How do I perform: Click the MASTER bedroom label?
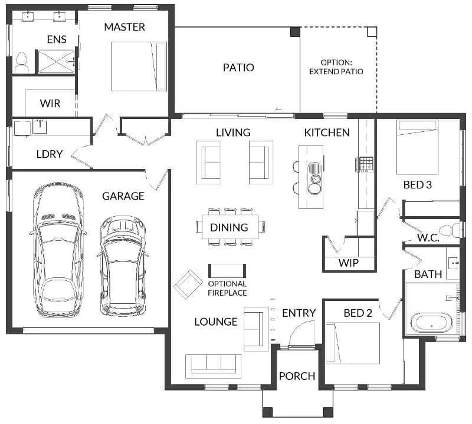coord(124,27)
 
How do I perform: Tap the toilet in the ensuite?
coord(21,62)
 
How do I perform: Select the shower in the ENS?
coord(56,62)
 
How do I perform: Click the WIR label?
coord(50,104)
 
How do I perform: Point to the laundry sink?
coord(40,127)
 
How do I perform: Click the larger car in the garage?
coord(57,251)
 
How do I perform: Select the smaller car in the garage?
coord(123,266)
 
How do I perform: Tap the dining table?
coord(230,227)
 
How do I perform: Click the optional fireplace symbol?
coord(227,270)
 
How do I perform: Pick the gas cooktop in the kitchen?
coord(366,164)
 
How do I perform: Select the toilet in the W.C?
coord(450,231)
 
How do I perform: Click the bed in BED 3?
coord(417,147)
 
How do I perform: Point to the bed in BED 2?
coord(352,343)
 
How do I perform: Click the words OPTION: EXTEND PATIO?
coord(336,67)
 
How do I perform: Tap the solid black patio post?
coord(295,32)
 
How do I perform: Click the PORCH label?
coord(297,376)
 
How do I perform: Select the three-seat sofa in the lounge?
coord(214,366)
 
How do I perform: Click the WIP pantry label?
coord(349,263)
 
